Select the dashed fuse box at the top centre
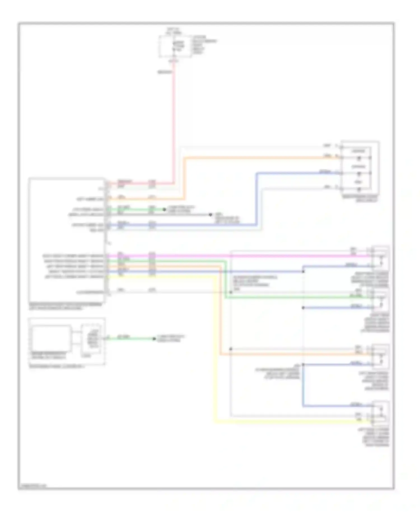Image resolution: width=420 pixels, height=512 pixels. [175, 46]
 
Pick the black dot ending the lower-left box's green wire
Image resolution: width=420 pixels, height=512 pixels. [154, 339]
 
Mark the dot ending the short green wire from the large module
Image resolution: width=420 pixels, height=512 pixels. [164, 210]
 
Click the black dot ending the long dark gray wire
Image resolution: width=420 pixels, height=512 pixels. [210, 215]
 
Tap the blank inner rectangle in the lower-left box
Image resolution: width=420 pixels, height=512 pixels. [52, 338]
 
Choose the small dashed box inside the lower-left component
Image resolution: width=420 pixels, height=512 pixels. [90, 339]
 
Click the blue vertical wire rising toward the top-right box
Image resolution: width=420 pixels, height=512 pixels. [256, 199]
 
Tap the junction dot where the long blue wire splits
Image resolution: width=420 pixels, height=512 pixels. [303, 271]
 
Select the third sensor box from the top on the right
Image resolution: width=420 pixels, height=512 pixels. [380, 356]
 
